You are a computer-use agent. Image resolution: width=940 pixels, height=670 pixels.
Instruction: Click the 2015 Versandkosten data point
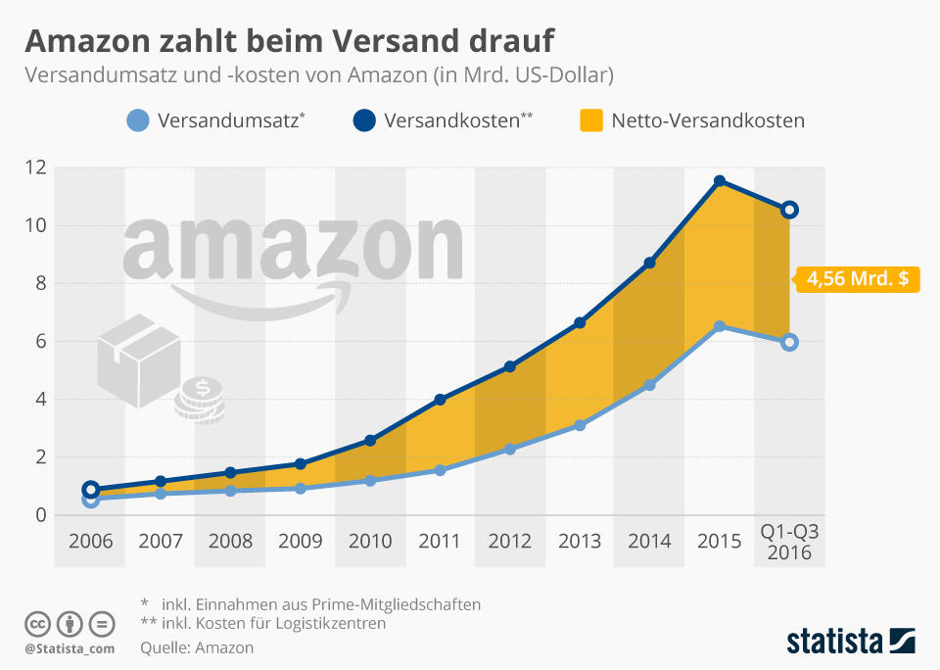[720, 181]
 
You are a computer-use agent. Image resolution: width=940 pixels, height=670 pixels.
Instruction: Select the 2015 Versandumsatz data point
[720, 326]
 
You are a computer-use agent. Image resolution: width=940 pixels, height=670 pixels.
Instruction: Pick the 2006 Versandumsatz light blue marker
[91, 500]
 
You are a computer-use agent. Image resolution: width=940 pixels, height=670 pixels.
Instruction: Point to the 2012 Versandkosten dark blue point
[510, 366]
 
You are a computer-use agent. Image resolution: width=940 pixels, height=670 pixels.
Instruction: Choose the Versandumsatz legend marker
[138, 121]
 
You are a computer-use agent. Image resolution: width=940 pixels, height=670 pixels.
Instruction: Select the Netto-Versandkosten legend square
[590, 121]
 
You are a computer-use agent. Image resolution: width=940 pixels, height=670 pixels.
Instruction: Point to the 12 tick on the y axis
[36, 167]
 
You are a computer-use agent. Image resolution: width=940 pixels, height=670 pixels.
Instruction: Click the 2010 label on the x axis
[370, 541]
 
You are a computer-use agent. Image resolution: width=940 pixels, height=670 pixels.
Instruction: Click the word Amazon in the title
[89, 40]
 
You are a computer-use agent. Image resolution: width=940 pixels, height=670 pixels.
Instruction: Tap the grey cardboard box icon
[138, 360]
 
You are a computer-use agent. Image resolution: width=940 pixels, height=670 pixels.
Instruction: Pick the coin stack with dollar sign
[201, 400]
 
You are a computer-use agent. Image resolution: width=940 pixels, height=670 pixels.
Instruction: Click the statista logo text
[833, 642]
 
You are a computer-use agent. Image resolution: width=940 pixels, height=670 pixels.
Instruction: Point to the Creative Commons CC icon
[37, 624]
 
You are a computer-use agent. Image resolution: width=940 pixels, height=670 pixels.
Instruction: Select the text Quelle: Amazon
[197, 647]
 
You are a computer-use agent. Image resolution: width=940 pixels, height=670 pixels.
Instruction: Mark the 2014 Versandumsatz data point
[649, 385]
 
